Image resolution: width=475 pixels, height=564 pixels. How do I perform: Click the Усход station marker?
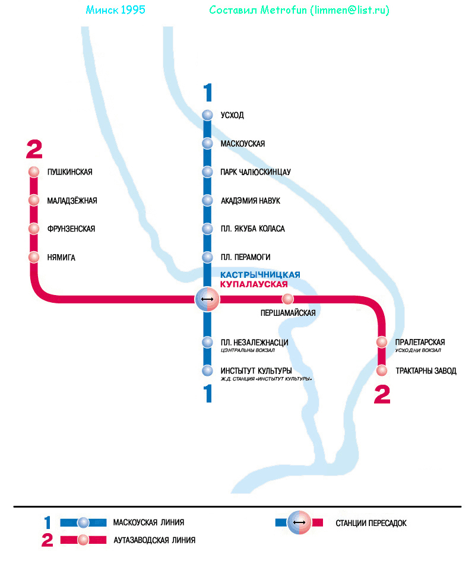tap(207, 115)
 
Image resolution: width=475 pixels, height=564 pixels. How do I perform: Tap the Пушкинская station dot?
tap(34, 172)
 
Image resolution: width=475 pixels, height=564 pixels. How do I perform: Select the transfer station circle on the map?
tap(207, 299)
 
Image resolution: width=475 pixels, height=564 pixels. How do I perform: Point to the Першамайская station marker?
tap(288, 299)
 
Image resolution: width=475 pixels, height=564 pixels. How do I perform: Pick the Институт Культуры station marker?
tap(207, 371)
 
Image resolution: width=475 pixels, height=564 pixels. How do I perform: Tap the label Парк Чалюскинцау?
tap(255, 172)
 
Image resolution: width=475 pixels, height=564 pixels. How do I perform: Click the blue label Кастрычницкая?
tap(260, 275)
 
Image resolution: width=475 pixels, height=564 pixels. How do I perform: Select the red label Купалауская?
tap(258, 284)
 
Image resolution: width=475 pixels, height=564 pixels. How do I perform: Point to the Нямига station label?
tap(61, 258)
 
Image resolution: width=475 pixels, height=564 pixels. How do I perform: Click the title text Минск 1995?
tap(115, 11)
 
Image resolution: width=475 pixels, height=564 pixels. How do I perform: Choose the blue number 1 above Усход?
tap(207, 93)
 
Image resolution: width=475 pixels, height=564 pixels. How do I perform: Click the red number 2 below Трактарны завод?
tap(382, 395)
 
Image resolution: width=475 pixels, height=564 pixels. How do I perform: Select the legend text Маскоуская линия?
tap(148, 523)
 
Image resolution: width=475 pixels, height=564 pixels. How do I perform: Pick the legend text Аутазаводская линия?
tap(154, 540)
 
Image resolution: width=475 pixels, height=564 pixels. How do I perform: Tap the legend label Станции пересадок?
tap(371, 523)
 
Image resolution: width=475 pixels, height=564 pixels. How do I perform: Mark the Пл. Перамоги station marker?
tap(207, 258)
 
